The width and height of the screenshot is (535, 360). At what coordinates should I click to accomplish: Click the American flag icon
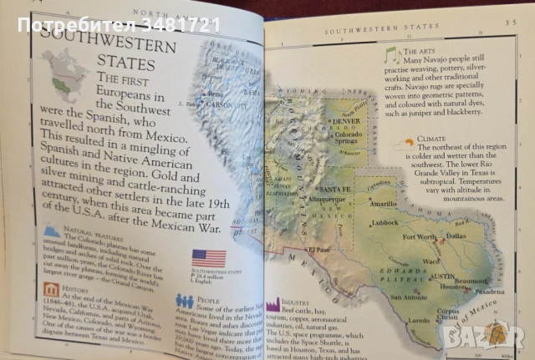click(209, 258)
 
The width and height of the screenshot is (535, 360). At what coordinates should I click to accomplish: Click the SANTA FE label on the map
click(331, 189)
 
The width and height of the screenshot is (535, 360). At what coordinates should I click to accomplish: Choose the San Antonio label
click(408, 297)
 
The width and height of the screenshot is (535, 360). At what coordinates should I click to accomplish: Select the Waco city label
click(432, 261)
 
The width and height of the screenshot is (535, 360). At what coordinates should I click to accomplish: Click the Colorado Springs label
click(348, 139)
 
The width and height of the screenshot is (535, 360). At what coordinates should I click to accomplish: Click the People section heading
click(209, 299)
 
